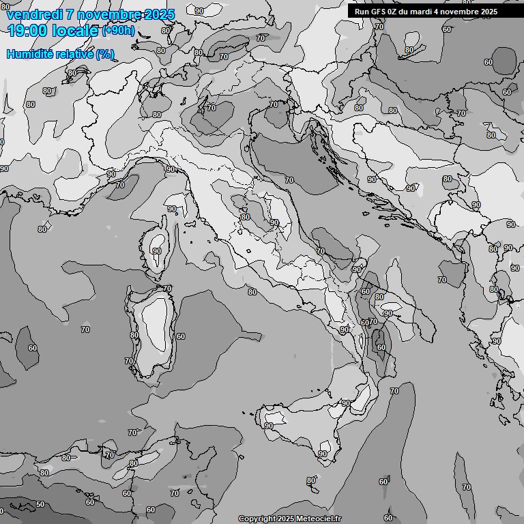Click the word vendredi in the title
click(33, 14)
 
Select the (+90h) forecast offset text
click(119, 31)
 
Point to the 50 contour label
click(40, 505)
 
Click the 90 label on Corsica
click(157, 251)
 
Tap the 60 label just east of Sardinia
click(180, 336)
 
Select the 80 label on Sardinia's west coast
click(134, 335)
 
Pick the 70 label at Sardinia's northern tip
click(166, 289)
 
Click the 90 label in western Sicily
click(268, 426)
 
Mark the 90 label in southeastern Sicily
click(323, 454)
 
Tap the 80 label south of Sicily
click(310, 481)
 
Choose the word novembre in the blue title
click(117, 14)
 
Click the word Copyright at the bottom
click(257, 519)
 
